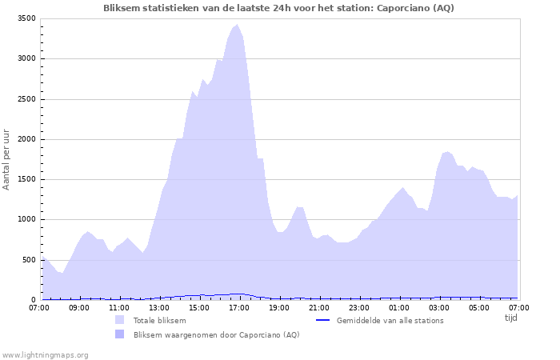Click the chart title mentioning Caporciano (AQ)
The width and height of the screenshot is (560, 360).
click(279, 8)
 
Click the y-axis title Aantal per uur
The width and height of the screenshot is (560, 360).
click(7, 158)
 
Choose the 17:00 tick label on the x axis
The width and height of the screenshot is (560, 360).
click(238, 307)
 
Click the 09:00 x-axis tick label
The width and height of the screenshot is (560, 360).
click(79, 307)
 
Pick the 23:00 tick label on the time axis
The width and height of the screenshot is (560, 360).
click(358, 307)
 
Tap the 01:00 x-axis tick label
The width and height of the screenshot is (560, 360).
click(398, 307)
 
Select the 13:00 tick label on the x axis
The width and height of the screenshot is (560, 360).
click(159, 307)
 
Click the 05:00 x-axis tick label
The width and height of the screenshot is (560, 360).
click(478, 307)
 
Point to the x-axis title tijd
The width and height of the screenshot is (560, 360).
click(510, 318)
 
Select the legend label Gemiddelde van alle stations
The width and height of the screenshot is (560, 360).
click(390, 320)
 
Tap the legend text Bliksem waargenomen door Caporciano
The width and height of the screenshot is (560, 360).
click(216, 334)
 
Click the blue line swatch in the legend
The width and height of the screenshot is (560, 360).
click(323, 320)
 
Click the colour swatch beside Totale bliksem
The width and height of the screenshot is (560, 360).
click(119, 320)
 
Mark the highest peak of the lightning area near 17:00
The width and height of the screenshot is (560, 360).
click(237, 25)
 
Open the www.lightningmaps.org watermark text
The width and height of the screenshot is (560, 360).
click(45, 354)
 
